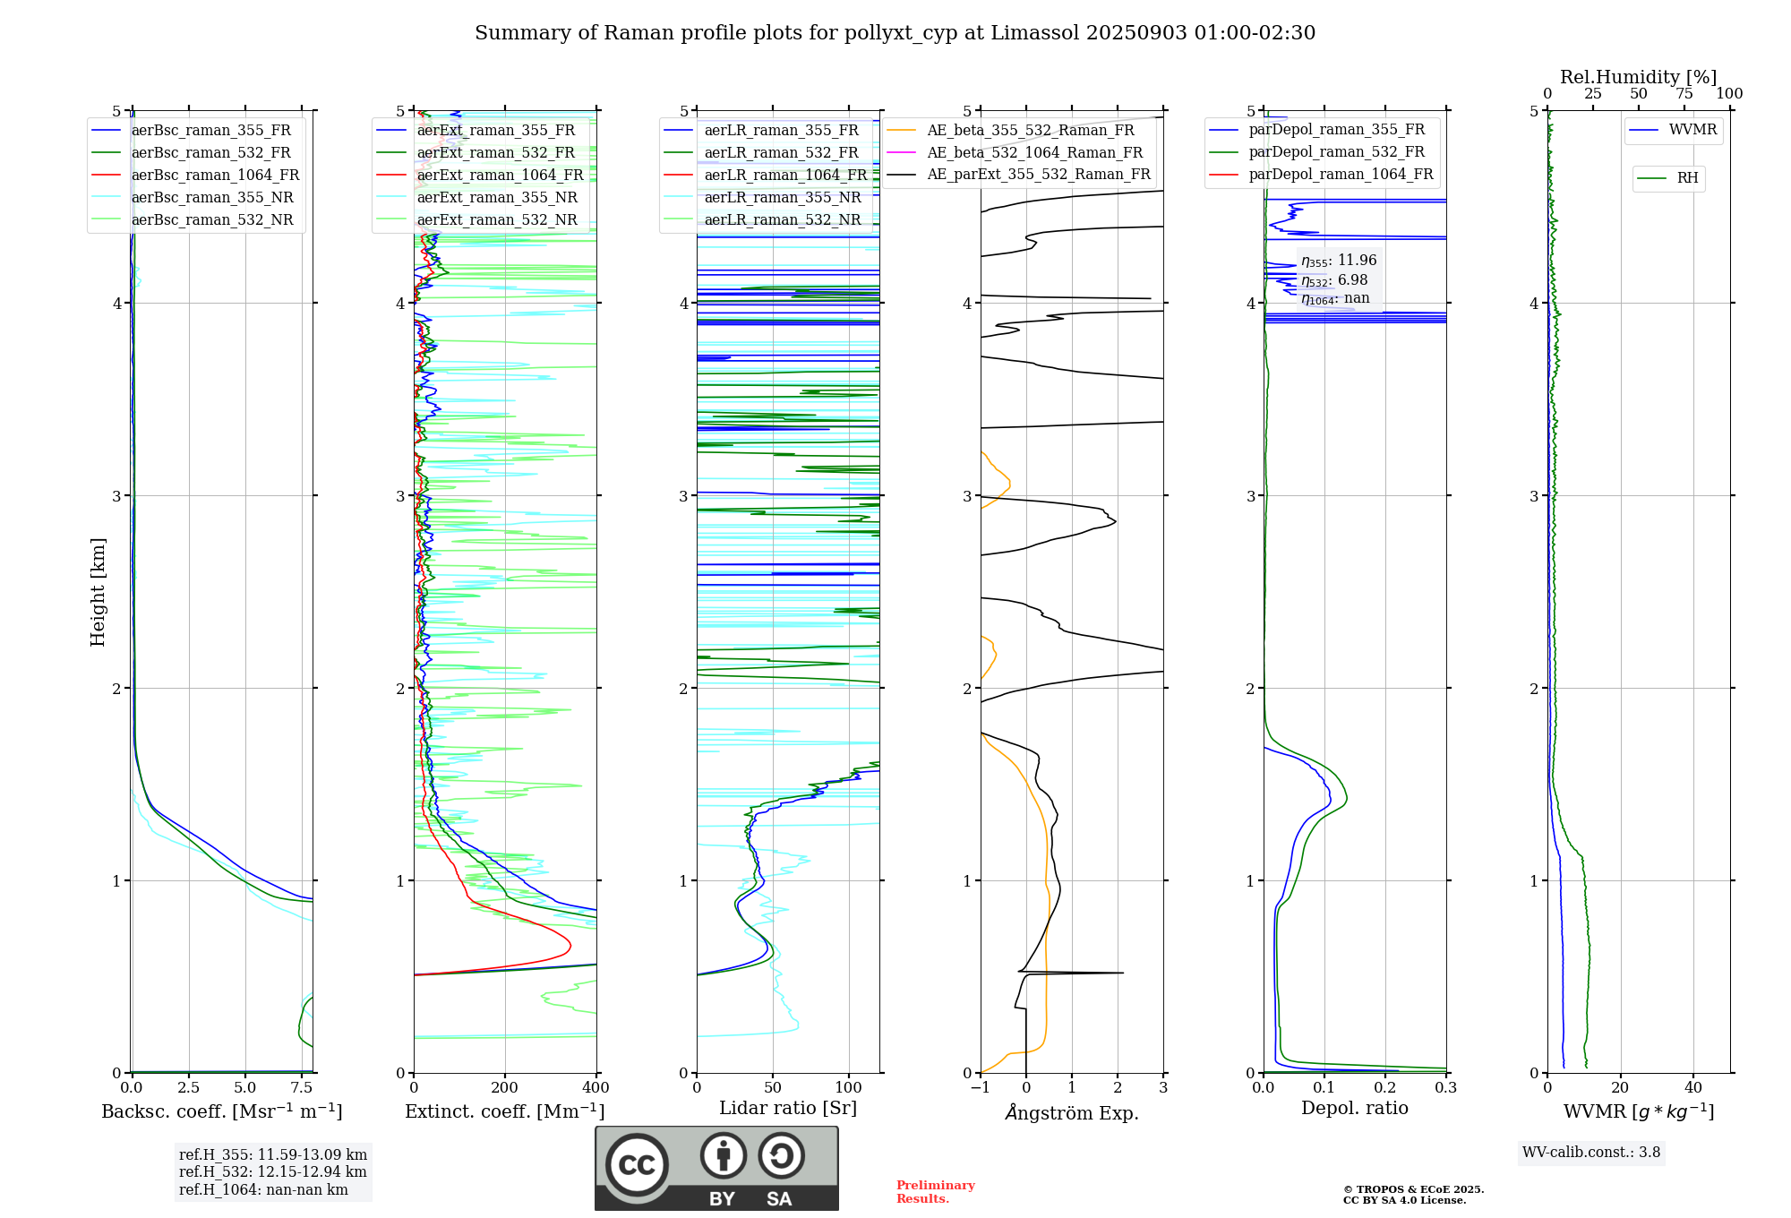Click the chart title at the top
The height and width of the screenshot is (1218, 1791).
(895, 33)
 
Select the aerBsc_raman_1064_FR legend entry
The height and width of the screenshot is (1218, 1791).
(215, 176)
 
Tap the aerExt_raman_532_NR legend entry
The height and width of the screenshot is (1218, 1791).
(497, 220)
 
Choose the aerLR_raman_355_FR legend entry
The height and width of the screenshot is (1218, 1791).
(781, 131)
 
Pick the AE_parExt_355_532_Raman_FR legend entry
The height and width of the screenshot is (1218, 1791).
(1039, 175)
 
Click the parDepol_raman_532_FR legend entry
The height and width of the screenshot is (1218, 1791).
(1336, 152)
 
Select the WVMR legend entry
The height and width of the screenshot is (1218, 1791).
(1692, 130)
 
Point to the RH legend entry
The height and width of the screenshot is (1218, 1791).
(1687, 178)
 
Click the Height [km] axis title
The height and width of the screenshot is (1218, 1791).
(98, 592)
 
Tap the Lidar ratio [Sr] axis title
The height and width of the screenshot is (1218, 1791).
(788, 1108)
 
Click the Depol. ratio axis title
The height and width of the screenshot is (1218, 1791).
(1354, 1108)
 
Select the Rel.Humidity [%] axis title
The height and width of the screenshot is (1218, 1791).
(1638, 77)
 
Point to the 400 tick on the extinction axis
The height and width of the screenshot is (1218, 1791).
(596, 1088)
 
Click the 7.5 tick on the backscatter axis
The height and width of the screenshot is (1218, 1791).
(302, 1088)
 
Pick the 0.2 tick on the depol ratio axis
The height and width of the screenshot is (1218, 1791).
(1385, 1088)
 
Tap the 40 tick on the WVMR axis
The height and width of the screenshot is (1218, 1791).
(1693, 1088)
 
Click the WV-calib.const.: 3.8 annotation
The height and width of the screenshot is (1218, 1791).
(1591, 1153)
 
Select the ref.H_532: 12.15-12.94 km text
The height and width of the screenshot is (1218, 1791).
(272, 1171)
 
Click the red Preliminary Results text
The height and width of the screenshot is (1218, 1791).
(935, 1192)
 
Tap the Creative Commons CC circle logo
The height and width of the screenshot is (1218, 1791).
(637, 1165)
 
